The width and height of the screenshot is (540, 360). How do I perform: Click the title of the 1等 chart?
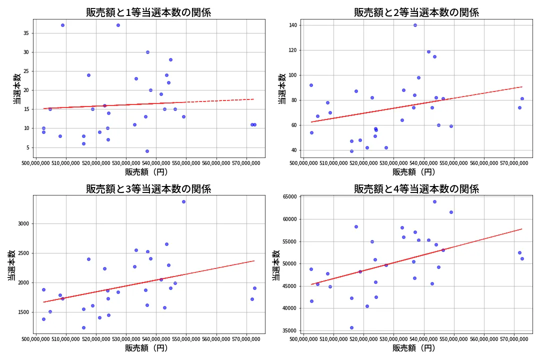tap(148, 12)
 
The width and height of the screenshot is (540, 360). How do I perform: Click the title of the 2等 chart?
tap(416, 12)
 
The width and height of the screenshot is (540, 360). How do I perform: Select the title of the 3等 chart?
tap(148, 189)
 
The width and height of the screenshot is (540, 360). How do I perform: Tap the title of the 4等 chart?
tap(416, 189)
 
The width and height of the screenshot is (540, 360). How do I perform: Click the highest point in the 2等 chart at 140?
tap(415, 25)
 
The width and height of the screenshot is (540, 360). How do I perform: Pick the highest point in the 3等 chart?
tap(183, 201)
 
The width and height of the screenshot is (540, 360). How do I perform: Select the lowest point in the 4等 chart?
tap(351, 327)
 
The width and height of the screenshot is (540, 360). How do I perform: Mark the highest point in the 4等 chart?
tap(434, 201)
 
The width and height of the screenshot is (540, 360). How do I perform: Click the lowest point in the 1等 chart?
tap(147, 151)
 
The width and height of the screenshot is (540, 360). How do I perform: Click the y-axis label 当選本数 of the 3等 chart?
tap(11, 264)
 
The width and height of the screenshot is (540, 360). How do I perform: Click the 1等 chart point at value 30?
tap(147, 52)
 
